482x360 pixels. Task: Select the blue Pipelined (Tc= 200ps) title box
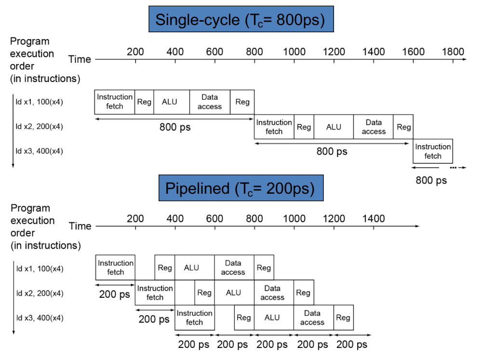(241, 188)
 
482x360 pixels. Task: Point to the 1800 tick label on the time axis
(453, 52)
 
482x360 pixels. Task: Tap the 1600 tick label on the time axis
(413, 52)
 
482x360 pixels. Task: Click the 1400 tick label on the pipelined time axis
(374, 219)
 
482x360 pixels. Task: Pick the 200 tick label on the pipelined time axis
(135, 219)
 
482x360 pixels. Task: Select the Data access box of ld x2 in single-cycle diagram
(374, 127)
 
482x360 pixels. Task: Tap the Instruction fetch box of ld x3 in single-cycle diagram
(433, 151)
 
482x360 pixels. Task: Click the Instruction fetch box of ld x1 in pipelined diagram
(116, 267)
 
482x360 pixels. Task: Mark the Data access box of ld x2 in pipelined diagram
(272, 293)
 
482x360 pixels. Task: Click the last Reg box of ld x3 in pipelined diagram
(343, 317)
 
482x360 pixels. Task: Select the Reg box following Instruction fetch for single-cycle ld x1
(144, 102)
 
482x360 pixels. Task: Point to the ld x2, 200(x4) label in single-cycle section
(40, 127)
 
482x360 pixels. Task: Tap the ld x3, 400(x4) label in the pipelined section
(40, 318)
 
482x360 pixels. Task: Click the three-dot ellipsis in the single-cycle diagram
(453, 168)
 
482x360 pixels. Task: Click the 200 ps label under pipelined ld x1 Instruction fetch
(114, 293)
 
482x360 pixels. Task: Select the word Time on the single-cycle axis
(80, 59)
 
